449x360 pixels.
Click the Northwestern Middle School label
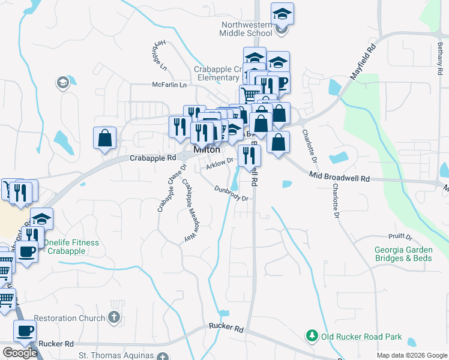pyautogui.click(x=247, y=29)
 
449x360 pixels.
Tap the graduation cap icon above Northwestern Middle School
pyautogui.click(x=282, y=14)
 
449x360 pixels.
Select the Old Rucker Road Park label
pyautogui.click(x=360, y=337)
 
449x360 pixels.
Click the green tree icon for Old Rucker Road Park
pyautogui.click(x=311, y=337)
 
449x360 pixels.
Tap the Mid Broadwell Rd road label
pyautogui.click(x=339, y=176)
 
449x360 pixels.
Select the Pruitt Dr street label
pyautogui.click(x=400, y=237)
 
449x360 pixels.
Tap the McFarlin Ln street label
pyautogui.click(x=169, y=85)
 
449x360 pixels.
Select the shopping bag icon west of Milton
pyautogui.click(x=105, y=137)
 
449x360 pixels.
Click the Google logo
pyautogui.click(x=20, y=353)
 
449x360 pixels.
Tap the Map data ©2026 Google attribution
pyautogui.click(x=411, y=355)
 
